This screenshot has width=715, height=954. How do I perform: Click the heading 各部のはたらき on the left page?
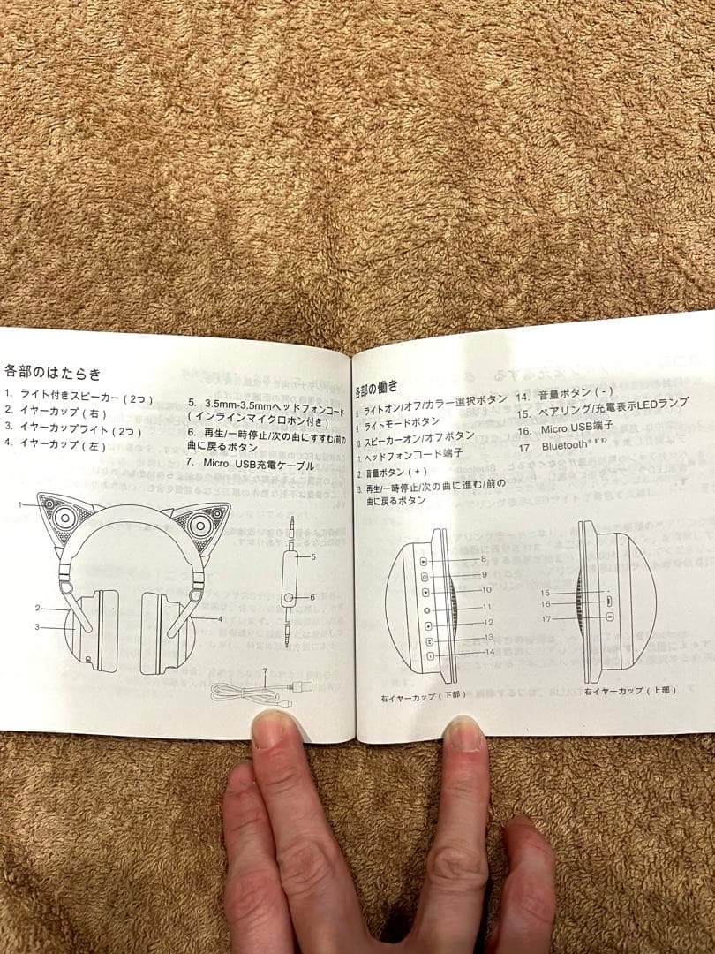point(52,373)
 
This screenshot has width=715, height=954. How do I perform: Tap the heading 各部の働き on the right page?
point(377,388)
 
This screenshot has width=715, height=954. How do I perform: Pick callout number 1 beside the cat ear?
point(19,503)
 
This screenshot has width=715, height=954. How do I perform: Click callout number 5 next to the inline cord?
point(312,557)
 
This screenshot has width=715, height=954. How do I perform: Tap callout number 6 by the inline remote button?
point(312,598)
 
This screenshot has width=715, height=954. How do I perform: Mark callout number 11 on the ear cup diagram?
point(486,607)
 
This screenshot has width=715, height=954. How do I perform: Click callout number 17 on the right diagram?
point(546,619)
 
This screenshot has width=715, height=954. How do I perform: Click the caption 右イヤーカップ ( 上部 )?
point(629,690)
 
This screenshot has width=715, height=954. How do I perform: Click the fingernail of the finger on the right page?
point(464,734)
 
